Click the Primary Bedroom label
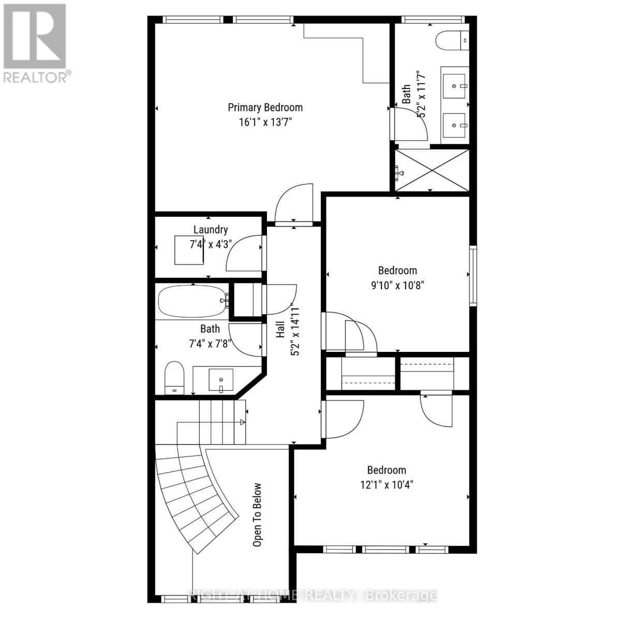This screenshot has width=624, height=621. [x=265, y=108]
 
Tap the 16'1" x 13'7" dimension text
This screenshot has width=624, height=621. [x=265, y=123]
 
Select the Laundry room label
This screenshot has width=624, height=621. [x=211, y=230]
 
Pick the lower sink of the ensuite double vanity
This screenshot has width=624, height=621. [x=455, y=125]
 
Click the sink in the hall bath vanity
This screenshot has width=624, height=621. [x=221, y=379]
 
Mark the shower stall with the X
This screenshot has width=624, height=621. [x=432, y=170]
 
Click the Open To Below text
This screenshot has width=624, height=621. [x=257, y=515]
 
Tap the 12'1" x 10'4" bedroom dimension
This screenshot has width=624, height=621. [x=387, y=485]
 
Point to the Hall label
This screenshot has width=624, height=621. [x=280, y=329]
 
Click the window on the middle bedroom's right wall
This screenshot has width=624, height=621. [x=472, y=276]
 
